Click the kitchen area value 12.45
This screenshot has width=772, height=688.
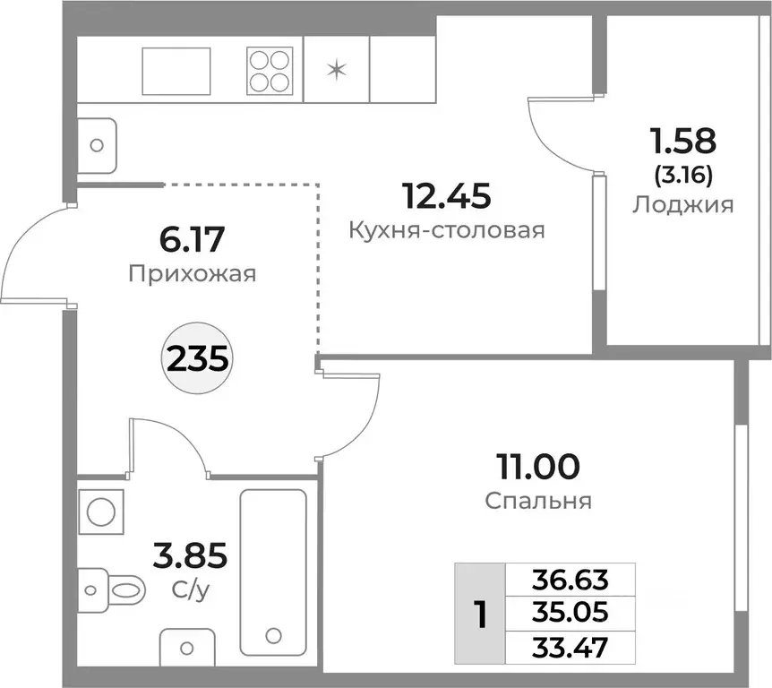point(447,194)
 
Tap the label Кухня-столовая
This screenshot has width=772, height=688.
point(447,230)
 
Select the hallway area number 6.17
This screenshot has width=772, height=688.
point(192,239)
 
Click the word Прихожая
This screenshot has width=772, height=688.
point(192,273)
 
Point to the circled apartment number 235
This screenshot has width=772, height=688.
point(194,360)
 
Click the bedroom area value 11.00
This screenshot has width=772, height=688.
point(538,467)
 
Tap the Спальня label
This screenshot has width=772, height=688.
point(538,501)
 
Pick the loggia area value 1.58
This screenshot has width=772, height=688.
point(683,141)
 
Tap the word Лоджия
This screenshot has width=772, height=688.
point(683,204)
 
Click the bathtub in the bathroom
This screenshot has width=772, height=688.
point(273,568)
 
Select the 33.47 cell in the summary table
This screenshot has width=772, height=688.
point(570,645)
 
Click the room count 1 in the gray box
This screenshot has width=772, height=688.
point(480,614)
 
